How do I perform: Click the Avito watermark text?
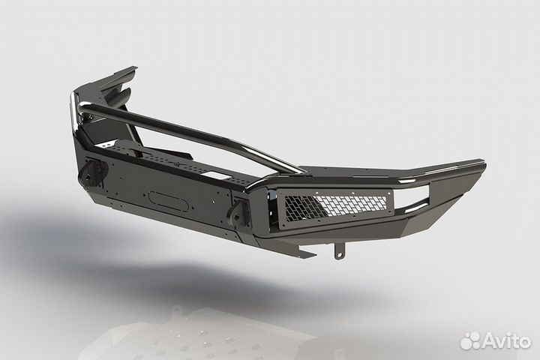[x=506, y=341]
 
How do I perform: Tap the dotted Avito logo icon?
[x=470, y=340]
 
